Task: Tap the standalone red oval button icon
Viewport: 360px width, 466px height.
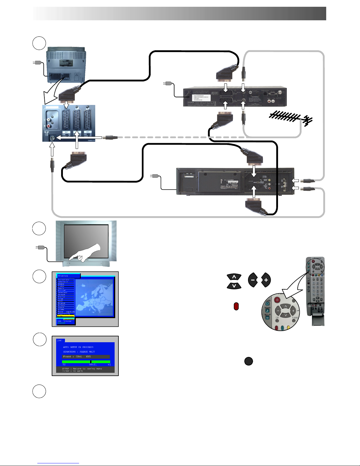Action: (236, 306)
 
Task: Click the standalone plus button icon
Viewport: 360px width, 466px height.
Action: (266, 280)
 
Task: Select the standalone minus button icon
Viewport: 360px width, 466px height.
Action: (253, 280)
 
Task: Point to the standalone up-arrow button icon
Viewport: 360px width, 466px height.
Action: (234, 277)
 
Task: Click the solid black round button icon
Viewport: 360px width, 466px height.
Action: (248, 361)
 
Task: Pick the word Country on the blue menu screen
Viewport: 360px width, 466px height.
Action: (63, 276)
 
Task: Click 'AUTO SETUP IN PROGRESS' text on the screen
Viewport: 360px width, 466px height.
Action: (78, 347)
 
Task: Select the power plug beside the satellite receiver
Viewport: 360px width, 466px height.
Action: (168, 83)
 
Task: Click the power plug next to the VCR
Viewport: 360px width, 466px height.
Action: (155, 176)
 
